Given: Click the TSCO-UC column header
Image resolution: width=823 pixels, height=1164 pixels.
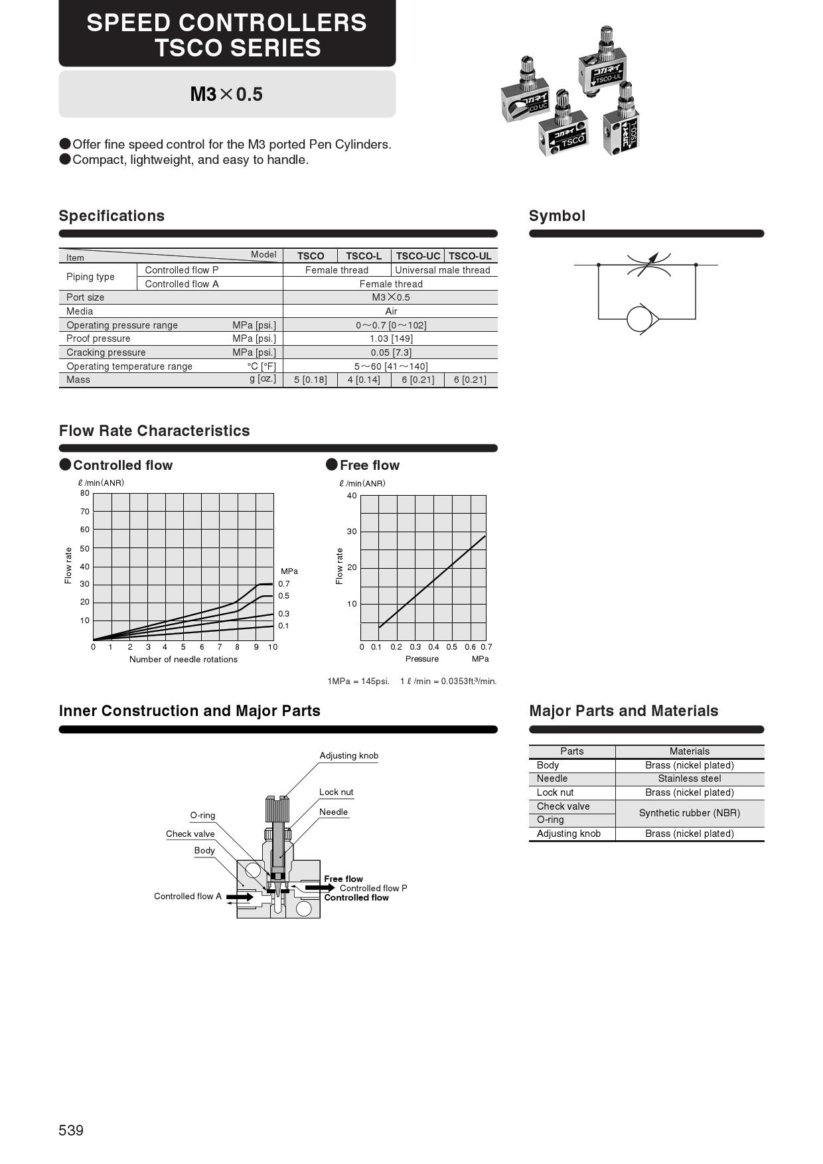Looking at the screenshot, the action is (x=418, y=256).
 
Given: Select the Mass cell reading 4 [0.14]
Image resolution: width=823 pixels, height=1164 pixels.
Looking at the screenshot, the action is (x=364, y=380).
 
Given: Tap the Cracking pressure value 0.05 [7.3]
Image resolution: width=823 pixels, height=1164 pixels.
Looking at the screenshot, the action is (x=391, y=352).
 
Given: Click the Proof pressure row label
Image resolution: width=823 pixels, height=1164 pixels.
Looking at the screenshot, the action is (x=98, y=338).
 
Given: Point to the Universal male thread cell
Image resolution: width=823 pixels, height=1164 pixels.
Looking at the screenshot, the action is (x=443, y=270).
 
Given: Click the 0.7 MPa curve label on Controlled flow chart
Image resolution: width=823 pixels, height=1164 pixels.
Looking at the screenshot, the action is (x=284, y=584).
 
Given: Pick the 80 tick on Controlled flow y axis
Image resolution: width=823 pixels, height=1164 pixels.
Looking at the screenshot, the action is (x=85, y=493).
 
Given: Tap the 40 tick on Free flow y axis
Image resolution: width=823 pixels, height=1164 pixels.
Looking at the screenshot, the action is (x=352, y=496).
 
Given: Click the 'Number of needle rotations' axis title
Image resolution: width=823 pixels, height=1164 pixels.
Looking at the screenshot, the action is (x=183, y=659).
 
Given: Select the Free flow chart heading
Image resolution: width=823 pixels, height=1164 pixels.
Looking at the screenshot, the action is (x=370, y=465).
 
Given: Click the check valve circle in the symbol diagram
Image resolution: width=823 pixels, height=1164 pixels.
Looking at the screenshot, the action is (x=640, y=319).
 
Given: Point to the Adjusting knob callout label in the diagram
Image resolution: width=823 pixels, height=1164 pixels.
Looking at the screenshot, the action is (x=349, y=755).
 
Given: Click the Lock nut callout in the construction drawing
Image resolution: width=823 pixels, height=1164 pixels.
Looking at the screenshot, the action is (x=337, y=792).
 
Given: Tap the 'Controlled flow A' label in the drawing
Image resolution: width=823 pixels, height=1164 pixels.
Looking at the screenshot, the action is (x=188, y=896).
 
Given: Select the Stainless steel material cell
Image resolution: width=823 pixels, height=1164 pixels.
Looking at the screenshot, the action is (x=690, y=778).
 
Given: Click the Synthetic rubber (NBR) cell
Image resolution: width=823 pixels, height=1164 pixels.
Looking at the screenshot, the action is (x=690, y=813).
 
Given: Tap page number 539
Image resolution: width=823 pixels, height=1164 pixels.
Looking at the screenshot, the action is (x=71, y=1130).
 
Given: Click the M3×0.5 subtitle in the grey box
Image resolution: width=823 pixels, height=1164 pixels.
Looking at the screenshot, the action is (x=226, y=94).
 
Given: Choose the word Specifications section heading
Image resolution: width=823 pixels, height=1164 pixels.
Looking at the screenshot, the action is (x=112, y=216).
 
